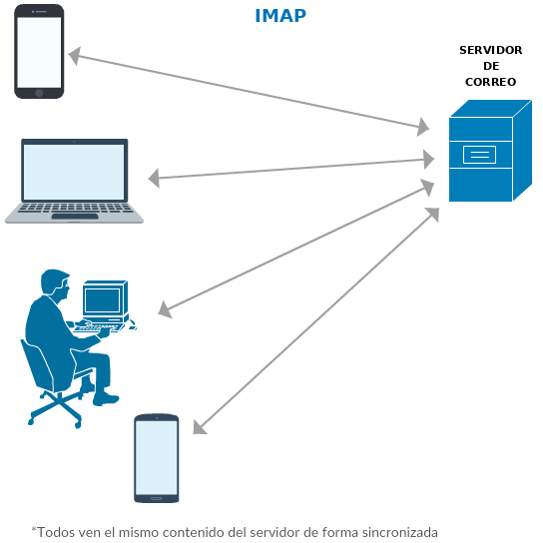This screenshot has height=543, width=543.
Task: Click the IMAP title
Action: point(280,16)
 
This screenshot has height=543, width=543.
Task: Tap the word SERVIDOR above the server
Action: point(491,50)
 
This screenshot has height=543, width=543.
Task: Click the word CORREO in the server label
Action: point(491,82)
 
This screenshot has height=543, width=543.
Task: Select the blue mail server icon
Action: point(490,151)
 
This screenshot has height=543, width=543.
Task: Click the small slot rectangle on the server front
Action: point(480,155)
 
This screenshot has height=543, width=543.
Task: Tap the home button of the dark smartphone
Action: point(39,93)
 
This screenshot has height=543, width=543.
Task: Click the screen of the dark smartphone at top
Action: point(39,52)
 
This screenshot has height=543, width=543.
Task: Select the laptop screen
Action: point(74,172)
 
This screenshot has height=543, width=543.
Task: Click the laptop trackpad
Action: point(75,217)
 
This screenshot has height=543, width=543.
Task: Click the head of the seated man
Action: point(56,282)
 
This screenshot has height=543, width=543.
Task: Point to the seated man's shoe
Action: point(106,399)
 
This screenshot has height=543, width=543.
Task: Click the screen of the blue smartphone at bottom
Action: point(157,457)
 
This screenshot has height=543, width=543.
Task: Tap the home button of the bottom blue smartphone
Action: point(156,499)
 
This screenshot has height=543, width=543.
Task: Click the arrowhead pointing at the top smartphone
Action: point(75,56)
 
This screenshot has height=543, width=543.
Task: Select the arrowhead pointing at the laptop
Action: point(154,179)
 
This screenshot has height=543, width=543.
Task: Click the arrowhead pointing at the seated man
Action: point(165,309)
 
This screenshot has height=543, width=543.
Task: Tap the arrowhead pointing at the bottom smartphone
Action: point(200,427)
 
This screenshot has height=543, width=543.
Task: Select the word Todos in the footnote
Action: point(52,532)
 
